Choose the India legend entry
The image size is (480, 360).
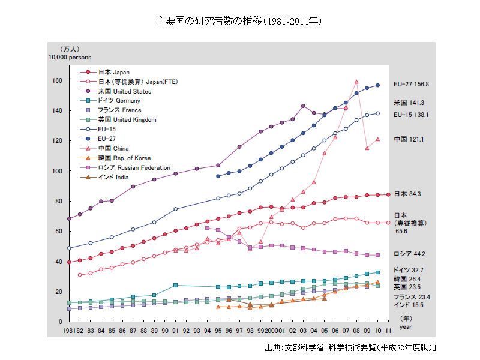coord(112,177)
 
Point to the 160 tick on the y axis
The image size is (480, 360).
coord(58,80)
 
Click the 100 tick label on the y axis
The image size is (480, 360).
coord(58,171)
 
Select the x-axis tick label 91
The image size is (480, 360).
coord(175,331)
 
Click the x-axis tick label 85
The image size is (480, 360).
coord(112,331)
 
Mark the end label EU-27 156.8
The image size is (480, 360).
coord(411,85)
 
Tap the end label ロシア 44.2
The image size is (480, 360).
coord(409,254)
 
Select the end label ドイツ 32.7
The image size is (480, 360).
coord(408,270)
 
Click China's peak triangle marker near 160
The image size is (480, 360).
coord(356,82)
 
